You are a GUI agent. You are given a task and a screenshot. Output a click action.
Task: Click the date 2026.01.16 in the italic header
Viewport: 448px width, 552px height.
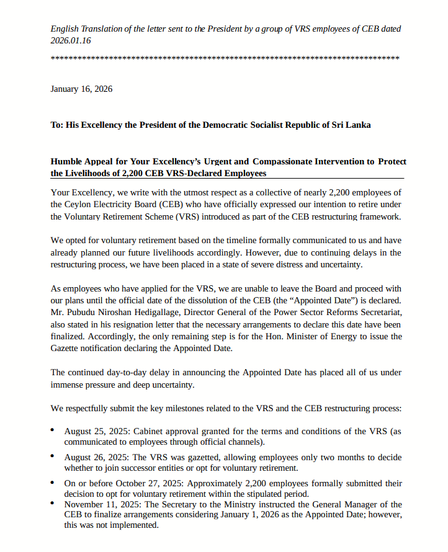coord(70,40)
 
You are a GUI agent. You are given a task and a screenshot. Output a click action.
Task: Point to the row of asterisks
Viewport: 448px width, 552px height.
coord(224,59)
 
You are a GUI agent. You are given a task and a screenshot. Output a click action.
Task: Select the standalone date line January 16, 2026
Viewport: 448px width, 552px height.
coord(81,89)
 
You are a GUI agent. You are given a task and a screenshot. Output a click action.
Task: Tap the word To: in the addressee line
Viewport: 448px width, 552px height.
coord(58,125)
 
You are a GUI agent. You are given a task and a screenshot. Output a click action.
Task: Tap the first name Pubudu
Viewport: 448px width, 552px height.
coord(86,313)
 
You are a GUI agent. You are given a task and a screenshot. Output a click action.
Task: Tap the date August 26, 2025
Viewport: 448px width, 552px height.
coord(94,456)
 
